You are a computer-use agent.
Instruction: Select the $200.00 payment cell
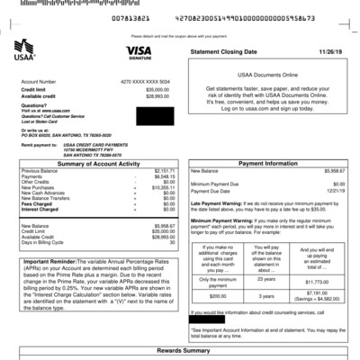[x=217, y=295]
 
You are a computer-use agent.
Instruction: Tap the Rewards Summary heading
[x=178, y=350]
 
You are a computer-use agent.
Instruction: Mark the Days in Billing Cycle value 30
[x=170, y=244]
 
